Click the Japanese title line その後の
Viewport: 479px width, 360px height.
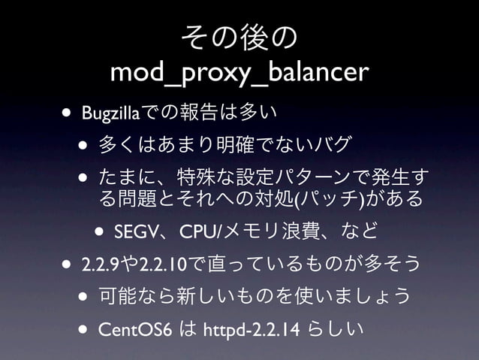pyautogui.click(x=239, y=37)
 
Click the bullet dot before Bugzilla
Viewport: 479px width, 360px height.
pyautogui.click(x=68, y=114)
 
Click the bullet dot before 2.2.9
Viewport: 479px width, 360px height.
pyautogui.click(x=68, y=265)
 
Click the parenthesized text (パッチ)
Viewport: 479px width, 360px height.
pyautogui.click(x=331, y=200)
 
